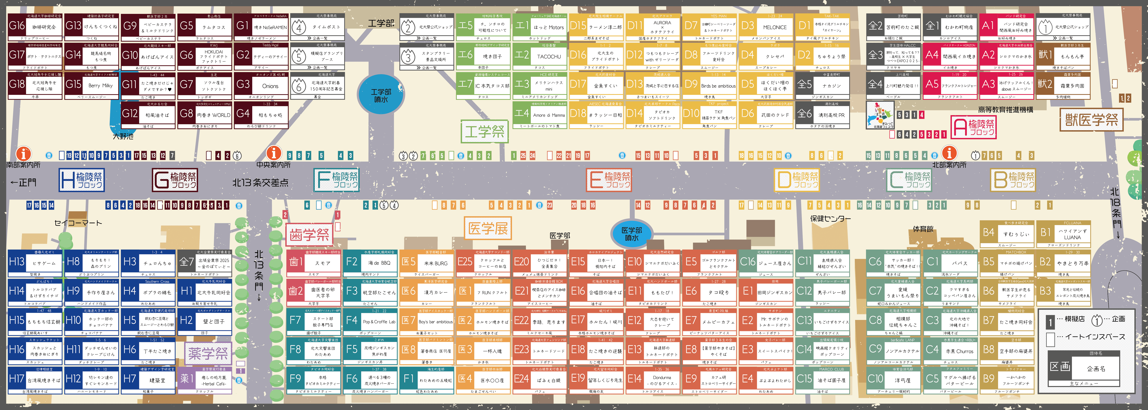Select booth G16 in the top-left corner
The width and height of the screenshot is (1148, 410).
click(x=35, y=27)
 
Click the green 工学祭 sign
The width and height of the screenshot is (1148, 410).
click(x=484, y=132)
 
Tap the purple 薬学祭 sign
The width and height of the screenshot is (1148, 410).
click(x=208, y=353)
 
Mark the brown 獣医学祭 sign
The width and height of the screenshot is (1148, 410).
click(x=1090, y=119)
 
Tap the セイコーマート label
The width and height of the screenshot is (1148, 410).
click(x=78, y=223)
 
